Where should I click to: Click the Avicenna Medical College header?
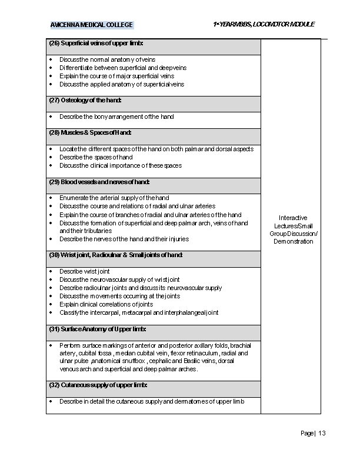[92, 25]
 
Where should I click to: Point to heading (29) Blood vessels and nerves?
[99, 182]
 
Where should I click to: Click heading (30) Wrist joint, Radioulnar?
[116, 255]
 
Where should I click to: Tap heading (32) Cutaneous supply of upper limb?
[98, 385]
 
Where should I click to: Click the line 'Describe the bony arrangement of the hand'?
[116, 116]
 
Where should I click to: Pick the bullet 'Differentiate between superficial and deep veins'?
[123, 68]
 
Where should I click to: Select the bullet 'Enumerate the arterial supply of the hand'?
[114, 198]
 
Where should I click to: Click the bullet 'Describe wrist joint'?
[85, 271]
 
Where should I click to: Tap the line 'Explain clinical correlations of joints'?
[106, 304]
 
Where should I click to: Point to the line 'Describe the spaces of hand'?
[96, 157]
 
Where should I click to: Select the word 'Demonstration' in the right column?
[294, 242]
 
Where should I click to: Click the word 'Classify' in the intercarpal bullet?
[69, 312]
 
